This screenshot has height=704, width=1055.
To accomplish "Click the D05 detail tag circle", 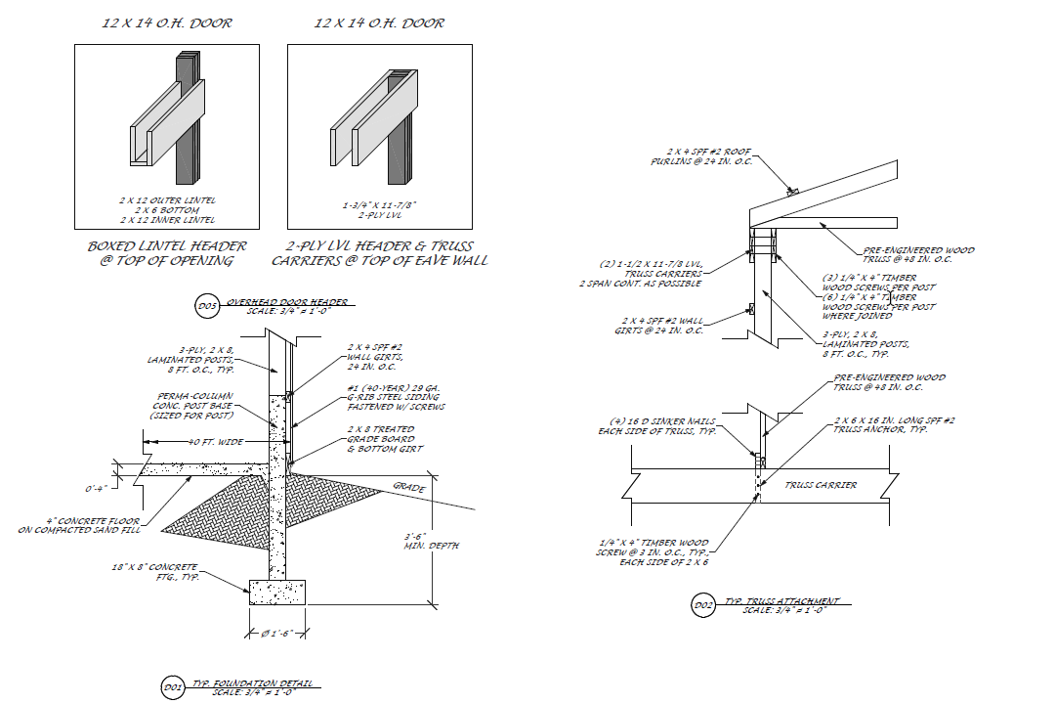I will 206,307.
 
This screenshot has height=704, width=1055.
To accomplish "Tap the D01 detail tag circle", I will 172,688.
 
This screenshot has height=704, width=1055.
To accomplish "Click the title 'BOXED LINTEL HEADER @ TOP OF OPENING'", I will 167,253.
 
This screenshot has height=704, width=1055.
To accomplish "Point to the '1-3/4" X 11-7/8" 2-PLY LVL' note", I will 380,208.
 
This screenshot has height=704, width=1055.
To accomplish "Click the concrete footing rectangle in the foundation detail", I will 277,592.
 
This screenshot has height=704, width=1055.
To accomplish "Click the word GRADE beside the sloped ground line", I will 409,486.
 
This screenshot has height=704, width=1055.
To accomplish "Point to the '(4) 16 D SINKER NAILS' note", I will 656,426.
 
